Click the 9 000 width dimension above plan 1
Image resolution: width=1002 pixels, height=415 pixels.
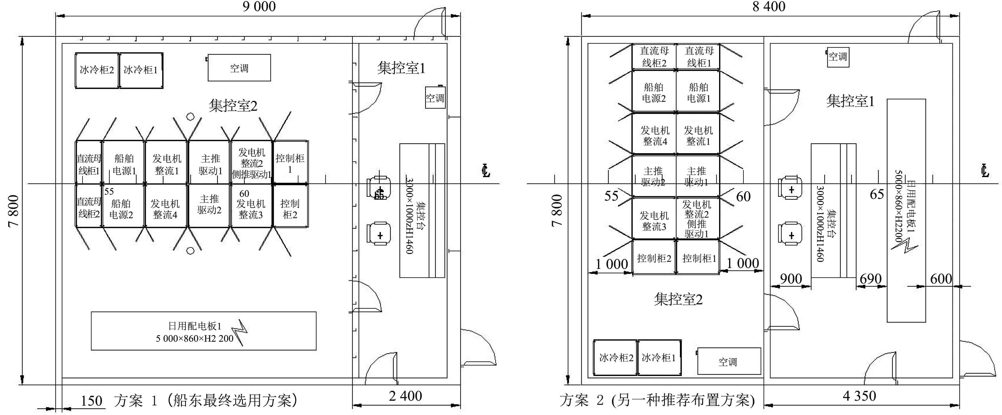click(x=259, y=7)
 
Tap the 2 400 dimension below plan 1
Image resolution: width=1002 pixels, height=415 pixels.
click(x=405, y=396)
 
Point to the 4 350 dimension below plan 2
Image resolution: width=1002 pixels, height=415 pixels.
click(x=859, y=396)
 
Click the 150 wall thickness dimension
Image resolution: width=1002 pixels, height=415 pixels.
click(x=91, y=401)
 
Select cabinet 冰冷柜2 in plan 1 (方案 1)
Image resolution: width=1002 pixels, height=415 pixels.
click(x=97, y=70)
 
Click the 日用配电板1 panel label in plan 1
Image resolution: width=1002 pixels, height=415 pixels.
click(x=195, y=326)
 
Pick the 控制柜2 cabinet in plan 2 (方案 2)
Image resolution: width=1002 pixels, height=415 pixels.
click(x=654, y=258)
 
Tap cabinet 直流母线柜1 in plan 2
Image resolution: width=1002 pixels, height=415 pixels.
click(x=699, y=57)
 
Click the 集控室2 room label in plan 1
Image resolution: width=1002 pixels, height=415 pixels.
click(x=233, y=105)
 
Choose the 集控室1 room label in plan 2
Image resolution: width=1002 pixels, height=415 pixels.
click(x=850, y=101)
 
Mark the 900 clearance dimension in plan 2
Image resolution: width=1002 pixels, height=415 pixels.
click(x=791, y=279)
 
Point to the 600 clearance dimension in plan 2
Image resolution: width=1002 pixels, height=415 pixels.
click(x=941, y=279)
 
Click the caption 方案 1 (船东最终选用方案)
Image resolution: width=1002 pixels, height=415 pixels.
click(x=206, y=400)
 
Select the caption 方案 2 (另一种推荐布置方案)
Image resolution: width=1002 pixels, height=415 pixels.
click(x=657, y=400)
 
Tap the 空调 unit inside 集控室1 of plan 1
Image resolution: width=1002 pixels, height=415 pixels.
click(x=435, y=98)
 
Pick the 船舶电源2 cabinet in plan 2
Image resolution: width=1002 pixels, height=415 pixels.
click(x=654, y=93)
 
